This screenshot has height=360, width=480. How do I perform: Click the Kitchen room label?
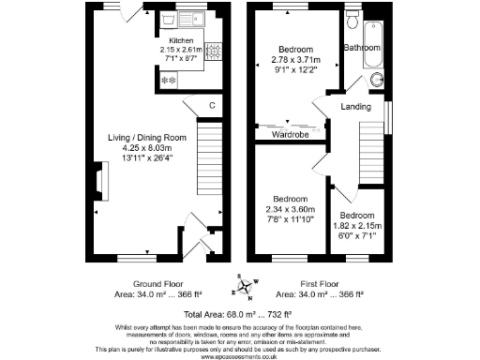pos(181,41)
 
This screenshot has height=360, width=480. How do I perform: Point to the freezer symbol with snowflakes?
pos(171,80)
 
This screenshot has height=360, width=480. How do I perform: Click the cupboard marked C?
pos(212,105)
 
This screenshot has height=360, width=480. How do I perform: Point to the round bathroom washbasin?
pos(379,79)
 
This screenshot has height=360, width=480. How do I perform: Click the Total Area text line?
pos(238,314)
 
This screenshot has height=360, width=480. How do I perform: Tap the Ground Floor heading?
pos(157,284)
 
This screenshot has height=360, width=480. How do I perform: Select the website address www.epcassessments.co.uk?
pos(240,354)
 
